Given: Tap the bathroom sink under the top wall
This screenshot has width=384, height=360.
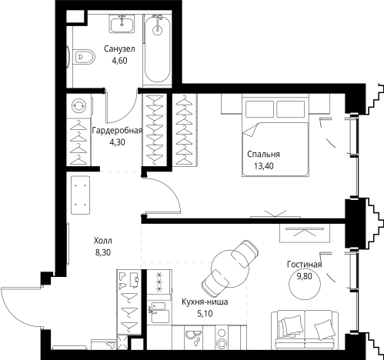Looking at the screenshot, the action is [122, 24].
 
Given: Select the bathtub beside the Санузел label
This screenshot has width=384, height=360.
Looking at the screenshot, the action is [157, 48].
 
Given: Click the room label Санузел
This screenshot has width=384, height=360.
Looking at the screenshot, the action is [119, 48].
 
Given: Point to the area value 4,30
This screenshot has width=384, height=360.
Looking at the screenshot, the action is [117, 142].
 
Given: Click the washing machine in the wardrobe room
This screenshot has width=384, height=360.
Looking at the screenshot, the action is [79, 106].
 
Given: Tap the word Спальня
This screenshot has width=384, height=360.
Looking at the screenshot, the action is [263, 154].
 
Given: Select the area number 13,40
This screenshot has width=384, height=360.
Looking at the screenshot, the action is [264, 166].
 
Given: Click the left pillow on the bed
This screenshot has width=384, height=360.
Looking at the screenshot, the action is [259, 109].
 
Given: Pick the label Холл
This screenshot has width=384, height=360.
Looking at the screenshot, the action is [103, 241].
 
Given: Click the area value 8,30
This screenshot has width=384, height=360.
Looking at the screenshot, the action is [103, 252].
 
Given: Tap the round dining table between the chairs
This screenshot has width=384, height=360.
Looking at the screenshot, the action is [230, 268].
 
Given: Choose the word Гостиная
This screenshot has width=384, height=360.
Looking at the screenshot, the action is [305, 265].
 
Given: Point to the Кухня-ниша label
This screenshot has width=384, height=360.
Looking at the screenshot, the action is [205, 302].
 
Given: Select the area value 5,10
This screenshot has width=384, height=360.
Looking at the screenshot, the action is [205, 314].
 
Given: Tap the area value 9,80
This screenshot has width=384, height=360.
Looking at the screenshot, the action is [305, 276].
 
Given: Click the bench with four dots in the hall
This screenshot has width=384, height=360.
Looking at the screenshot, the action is [80, 195].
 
